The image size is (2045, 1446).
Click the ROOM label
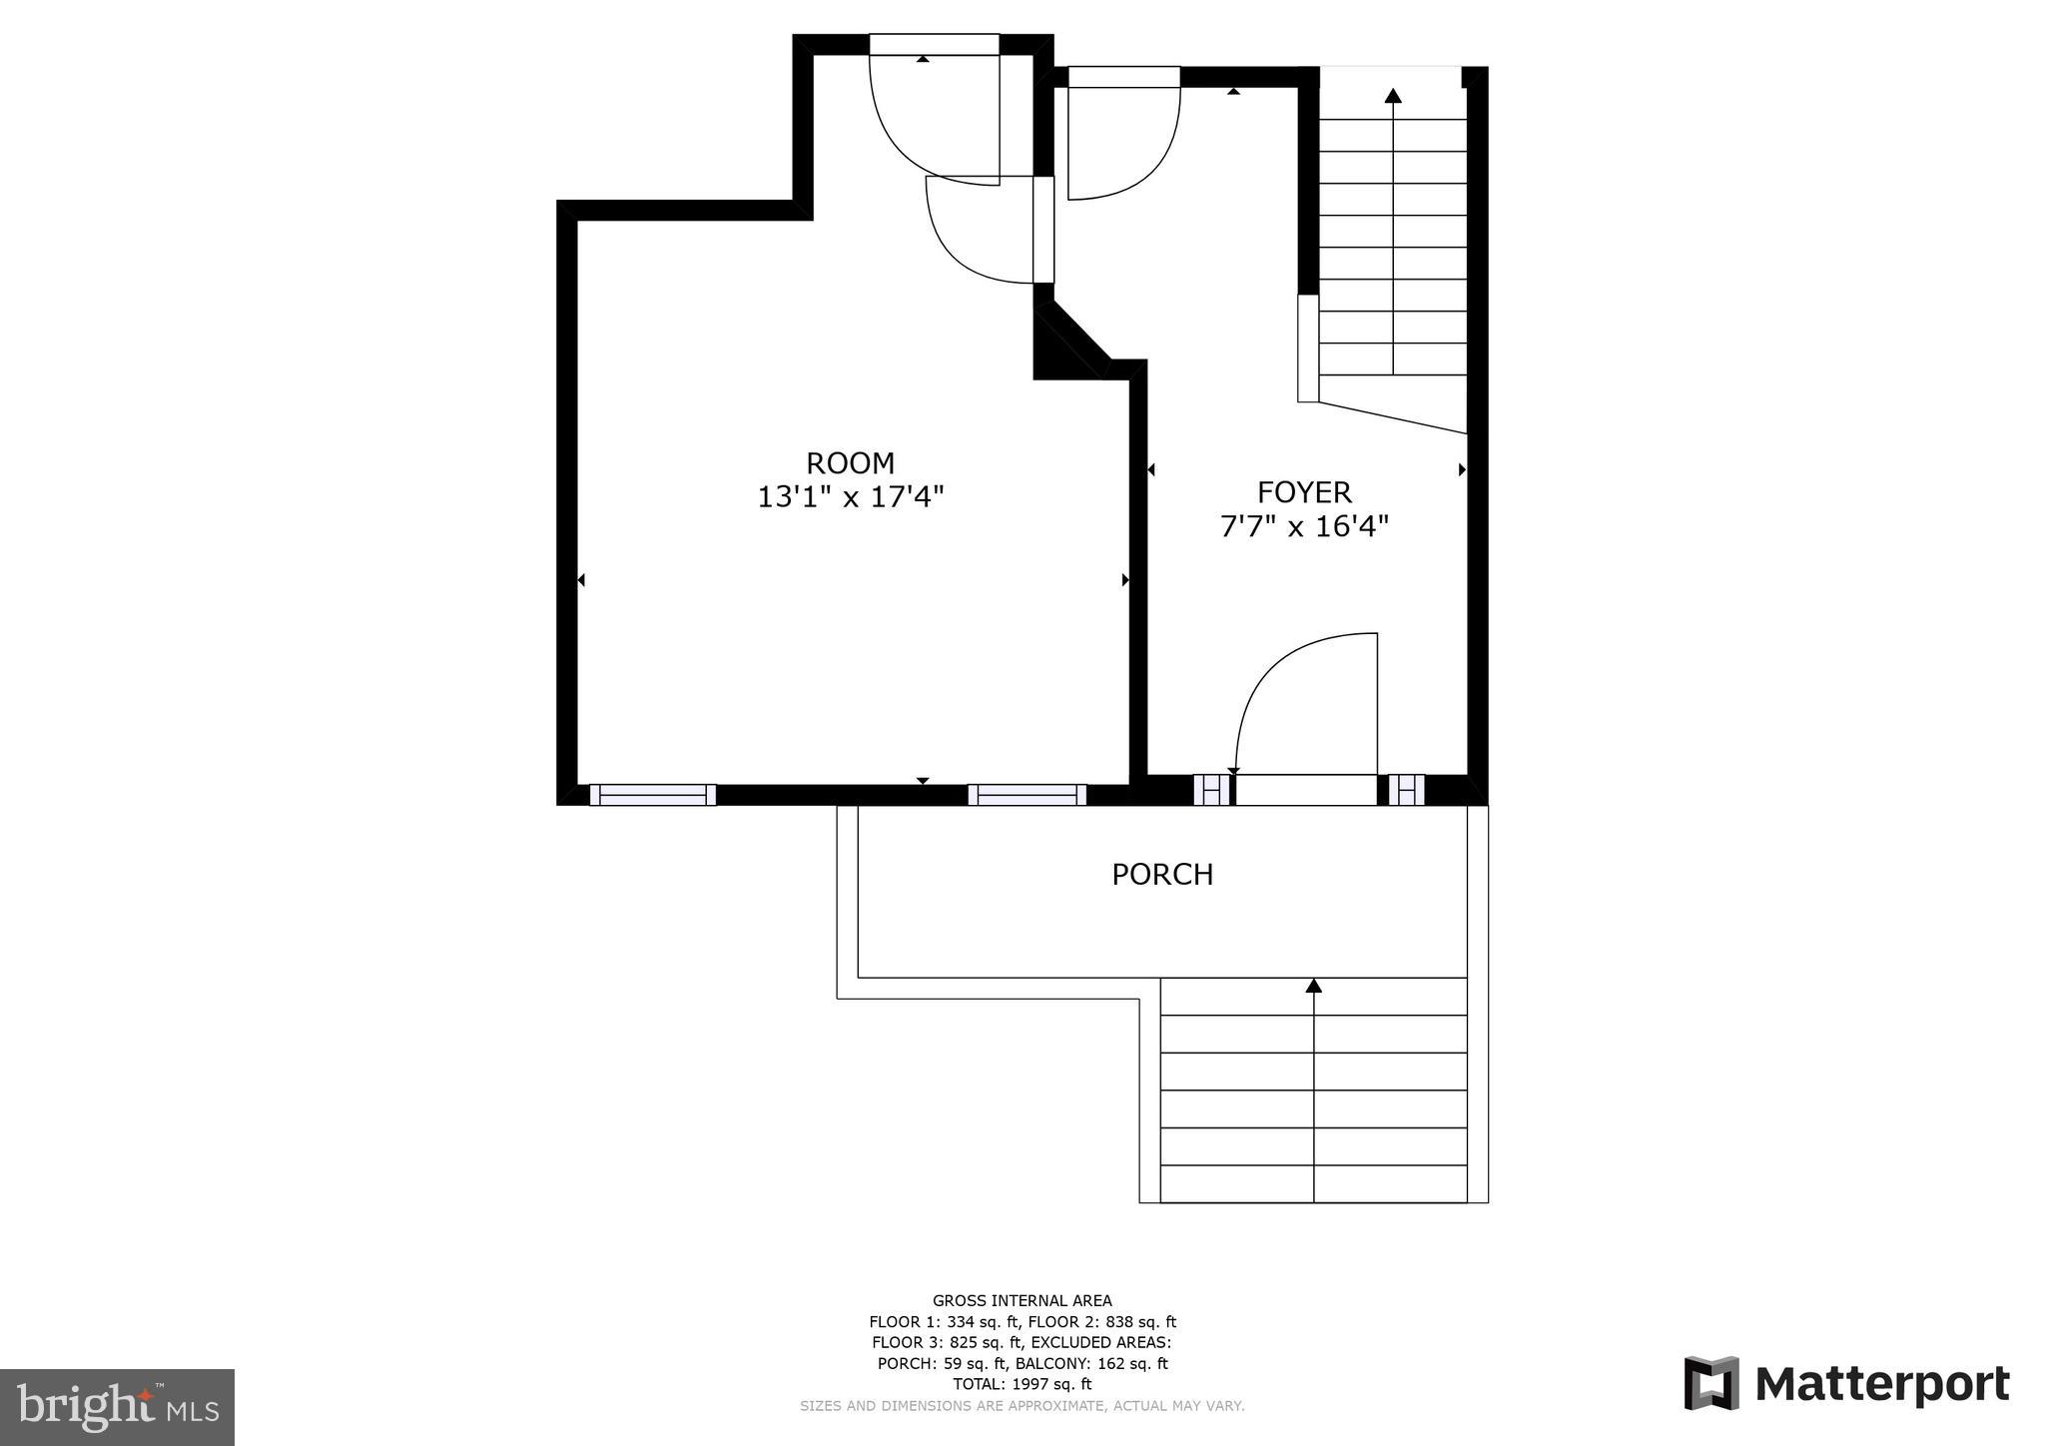(x=850, y=463)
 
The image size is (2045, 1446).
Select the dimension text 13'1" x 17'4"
(x=850, y=496)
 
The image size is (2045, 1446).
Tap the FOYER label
(x=1304, y=492)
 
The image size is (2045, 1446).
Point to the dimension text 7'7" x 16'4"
(x=1304, y=526)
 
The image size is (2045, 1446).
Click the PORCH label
(x=1162, y=875)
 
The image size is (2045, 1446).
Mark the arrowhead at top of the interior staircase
(x=1393, y=96)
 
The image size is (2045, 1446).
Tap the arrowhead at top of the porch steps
(x=1314, y=987)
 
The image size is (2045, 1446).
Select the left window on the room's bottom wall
(x=652, y=795)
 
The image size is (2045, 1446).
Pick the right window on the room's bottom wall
(x=1026, y=795)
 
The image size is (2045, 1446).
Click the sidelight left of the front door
(x=1211, y=790)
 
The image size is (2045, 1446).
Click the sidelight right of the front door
(x=1406, y=790)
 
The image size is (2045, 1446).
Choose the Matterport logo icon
(x=1711, y=1383)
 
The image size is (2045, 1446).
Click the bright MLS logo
(x=117, y=1408)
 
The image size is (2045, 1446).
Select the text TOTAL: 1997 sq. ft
(x=1022, y=1384)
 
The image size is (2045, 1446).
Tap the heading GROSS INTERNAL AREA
(x=1022, y=1300)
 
